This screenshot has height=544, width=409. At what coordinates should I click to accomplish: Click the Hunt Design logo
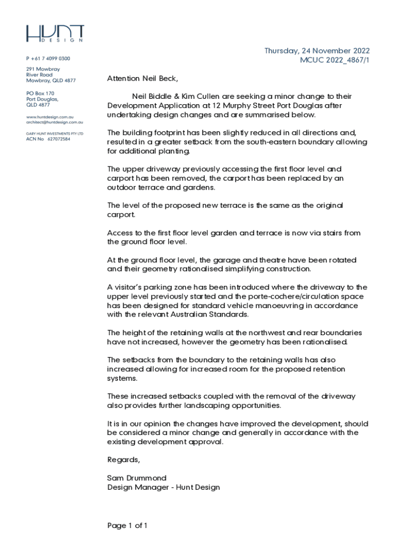[x=55, y=34]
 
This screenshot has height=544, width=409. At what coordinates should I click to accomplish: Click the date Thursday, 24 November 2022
[x=317, y=51]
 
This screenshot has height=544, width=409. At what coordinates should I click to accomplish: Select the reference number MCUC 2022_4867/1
[x=335, y=61]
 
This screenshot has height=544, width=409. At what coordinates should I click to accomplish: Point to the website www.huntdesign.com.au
[x=50, y=116]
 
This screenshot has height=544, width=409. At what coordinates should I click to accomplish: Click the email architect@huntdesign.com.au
[x=54, y=122]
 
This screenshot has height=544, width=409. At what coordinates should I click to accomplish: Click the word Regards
[x=123, y=459]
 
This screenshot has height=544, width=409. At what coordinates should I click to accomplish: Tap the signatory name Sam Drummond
[x=137, y=478]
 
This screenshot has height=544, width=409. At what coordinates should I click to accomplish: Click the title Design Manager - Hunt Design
[x=163, y=487]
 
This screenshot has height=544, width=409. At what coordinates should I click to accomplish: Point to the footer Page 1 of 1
[x=127, y=526]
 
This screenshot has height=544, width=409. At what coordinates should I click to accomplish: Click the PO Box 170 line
[x=41, y=93]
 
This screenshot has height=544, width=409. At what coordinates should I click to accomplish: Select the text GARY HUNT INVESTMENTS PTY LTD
[x=55, y=133]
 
